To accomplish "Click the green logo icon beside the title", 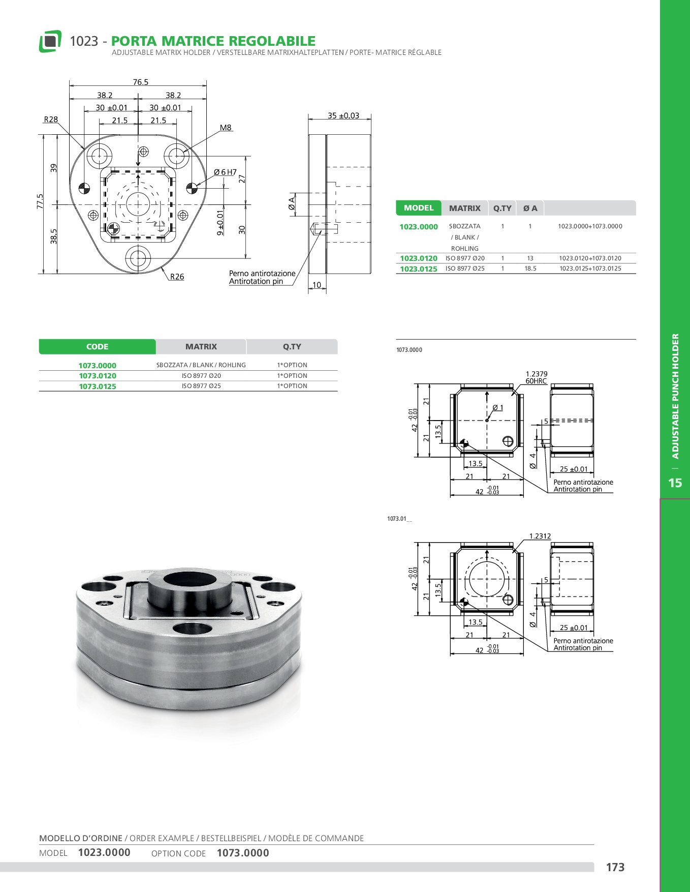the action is point(50,41).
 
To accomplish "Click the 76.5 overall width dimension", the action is point(141,82).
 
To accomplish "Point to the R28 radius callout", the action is point(51,120).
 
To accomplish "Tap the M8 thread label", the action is point(226,128).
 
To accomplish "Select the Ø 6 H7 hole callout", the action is point(225,172).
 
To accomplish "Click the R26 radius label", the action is point(177,277).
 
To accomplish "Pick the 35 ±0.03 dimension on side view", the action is point(343,116).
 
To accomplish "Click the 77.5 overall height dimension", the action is point(40,201).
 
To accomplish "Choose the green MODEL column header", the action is point(419,208).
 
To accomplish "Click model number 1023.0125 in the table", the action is point(419,269).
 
